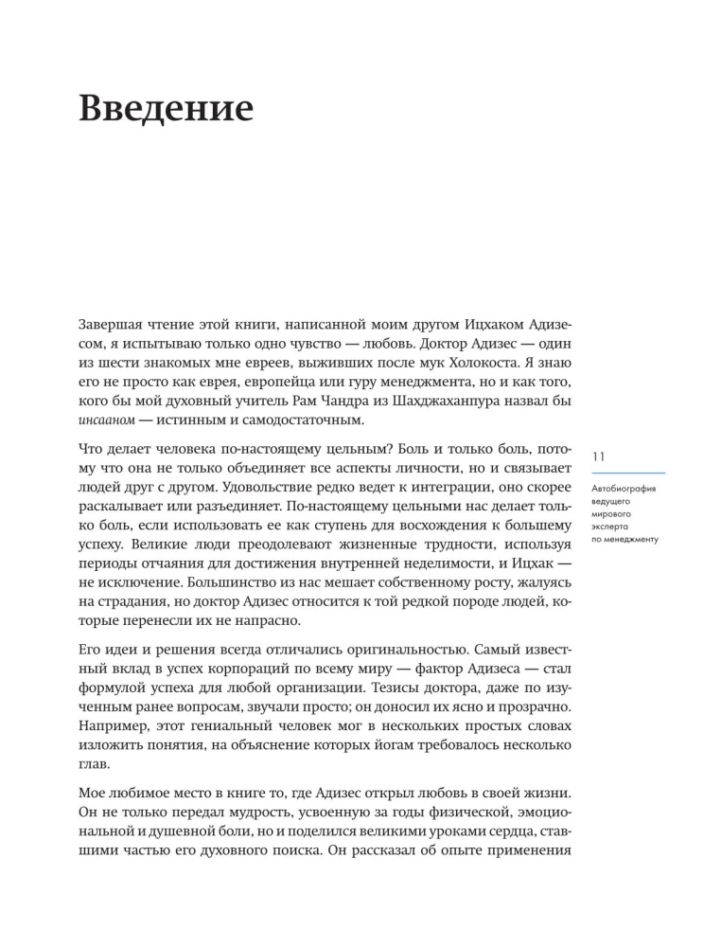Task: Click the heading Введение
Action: pyautogui.click(x=166, y=111)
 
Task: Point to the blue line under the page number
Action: pyautogui.click(x=627, y=472)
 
